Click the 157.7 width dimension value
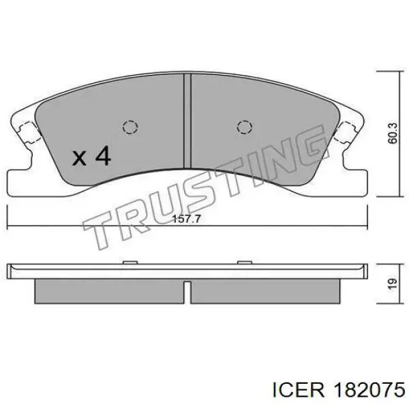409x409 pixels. click(187, 219)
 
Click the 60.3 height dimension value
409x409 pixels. click(393, 134)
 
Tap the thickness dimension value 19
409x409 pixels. click(393, 284)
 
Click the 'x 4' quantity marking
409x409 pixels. click(91, 156)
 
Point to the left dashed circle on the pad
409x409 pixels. click(130, 127)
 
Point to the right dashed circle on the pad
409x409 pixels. click(245, 127)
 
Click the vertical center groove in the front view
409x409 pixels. click(187, 121)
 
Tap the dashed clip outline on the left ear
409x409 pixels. click(29, 133)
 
